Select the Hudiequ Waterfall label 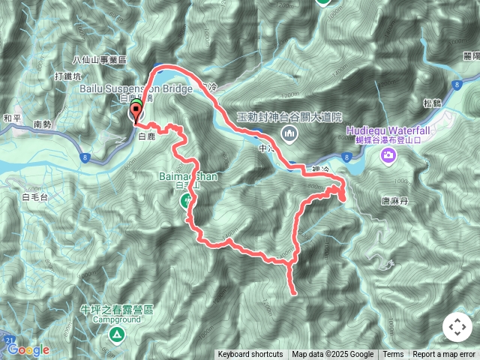tap(387, 128)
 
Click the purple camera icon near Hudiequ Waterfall tap(388, 155)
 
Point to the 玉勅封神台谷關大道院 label tap(289, 117)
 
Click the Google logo tap(28, 349)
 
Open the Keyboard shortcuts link tap(250, 355)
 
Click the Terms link tap(393, 355)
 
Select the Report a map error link tap(445, 355)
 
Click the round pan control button tap(457, 327)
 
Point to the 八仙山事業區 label tap(100, 60)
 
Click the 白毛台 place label tap(35, 196)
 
